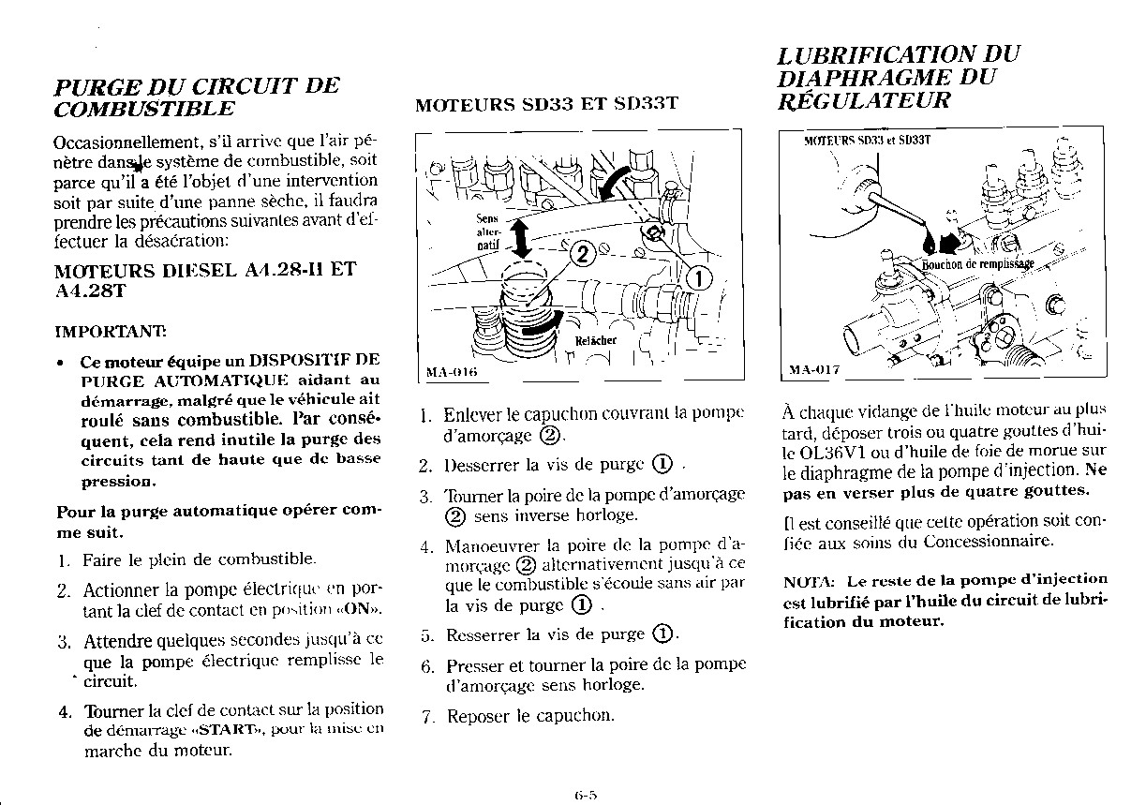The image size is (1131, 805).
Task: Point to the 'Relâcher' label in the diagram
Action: tap(595, 340)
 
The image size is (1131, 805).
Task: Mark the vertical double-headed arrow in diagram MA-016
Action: tap(523, 237)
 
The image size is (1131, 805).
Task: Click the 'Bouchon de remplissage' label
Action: tap(978, 263)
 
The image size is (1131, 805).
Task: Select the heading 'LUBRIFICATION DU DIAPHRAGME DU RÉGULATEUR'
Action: tap(898, 78)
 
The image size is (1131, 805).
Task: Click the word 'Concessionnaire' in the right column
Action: tap(988, 541)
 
